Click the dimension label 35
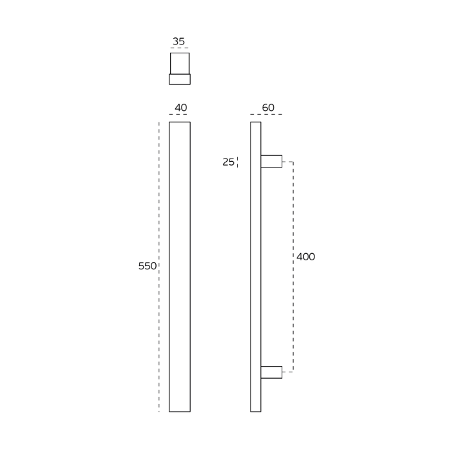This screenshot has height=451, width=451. coord(178,41)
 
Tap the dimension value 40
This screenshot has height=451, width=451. coord(181,108)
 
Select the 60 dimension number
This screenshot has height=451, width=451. coord(268,108)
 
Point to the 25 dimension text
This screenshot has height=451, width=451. coord(228,162)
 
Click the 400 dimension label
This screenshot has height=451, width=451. coord(306,256)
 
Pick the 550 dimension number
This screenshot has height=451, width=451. coord(148,266)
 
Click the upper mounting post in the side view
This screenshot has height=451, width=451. coord(271,161)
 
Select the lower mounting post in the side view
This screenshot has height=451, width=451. coord(271,372)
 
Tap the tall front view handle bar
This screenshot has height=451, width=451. coord(180,267)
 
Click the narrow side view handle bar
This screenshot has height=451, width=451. coord(256,267)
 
